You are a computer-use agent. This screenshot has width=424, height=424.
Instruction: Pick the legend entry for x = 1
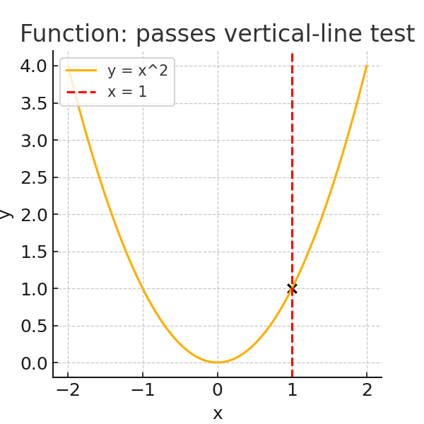[127, 92]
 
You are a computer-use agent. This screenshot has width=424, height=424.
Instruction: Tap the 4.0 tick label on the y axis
[33, 66]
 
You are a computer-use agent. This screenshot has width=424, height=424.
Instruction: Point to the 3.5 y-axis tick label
[33, 103]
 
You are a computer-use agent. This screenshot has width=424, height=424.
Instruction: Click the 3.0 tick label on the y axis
[33, 141]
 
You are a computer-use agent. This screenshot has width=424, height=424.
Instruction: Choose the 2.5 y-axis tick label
[33, 177]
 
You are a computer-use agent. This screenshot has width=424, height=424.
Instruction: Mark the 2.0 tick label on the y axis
[33, 215]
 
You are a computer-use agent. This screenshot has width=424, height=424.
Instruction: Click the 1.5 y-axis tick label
[33, 252]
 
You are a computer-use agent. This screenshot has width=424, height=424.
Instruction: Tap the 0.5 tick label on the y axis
[33, 326]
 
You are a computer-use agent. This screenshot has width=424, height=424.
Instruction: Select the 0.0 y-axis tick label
[33, 363]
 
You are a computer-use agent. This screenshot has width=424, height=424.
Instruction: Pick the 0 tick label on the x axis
[218, 391]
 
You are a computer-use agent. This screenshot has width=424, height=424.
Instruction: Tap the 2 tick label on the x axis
[367, 391]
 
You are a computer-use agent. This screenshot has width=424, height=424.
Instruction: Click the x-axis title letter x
[218, 413]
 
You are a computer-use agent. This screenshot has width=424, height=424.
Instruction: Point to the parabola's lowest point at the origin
[218, 363]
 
